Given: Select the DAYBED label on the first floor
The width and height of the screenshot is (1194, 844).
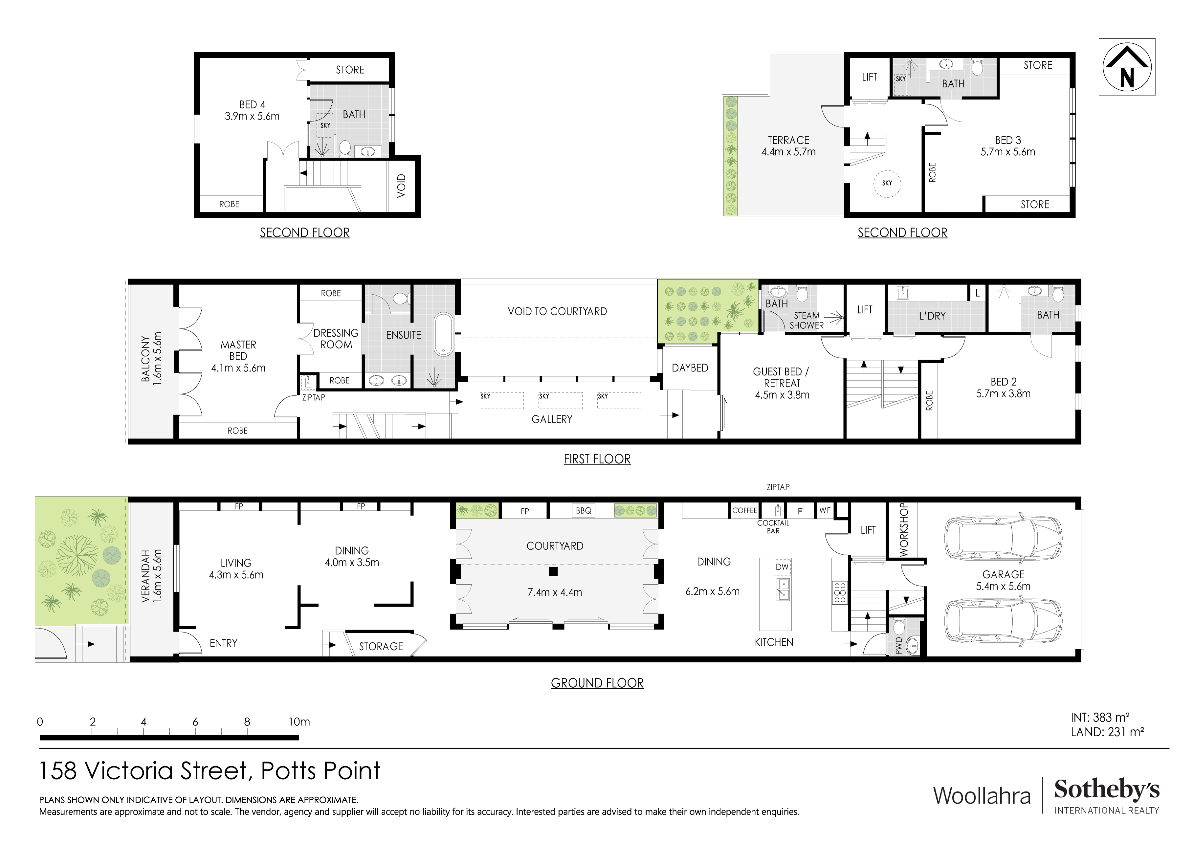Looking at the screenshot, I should pyautogui.click(x=690, y=368).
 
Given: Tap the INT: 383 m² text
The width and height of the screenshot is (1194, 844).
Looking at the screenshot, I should pyautogui.click(x=1100, y=718).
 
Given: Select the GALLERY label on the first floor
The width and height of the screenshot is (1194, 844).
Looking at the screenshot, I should pyautogui.click(x=551, y=419).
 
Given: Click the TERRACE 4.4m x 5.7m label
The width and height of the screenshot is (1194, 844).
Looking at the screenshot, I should pyautogui.click(x=788, y=146).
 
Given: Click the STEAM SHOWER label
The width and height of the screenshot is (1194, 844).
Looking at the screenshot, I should pyautogui.click(x=806, y=320).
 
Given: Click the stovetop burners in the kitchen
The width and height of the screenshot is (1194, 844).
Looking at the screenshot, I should pyautogui.click(x=839, y=593).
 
